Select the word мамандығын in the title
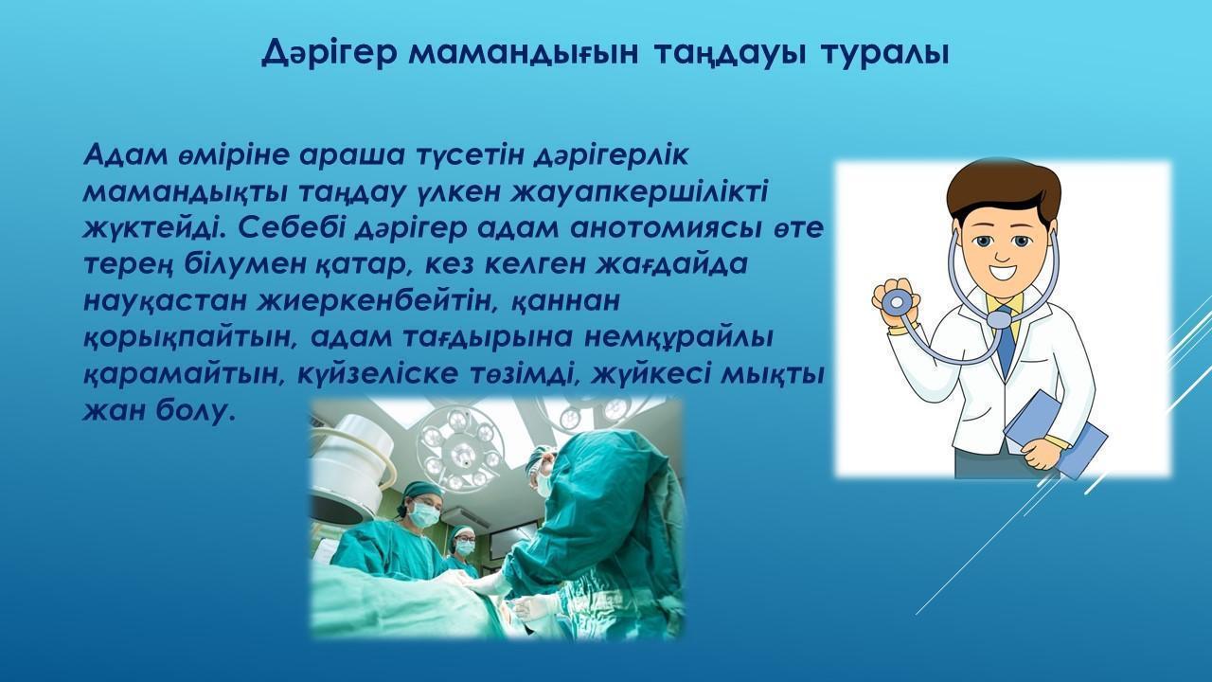pyautogui.click(x=524, y=54)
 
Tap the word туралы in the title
pyautogui.click(x=885, y=54)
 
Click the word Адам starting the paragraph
pyautogui.click(x=126, y=154)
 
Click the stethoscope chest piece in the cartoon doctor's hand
pyautogui.click(x=896, y=301)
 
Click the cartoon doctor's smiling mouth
pyautogui.click(x=1005, y=272)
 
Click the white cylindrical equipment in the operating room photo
pyautogui.click(x=354, y=471)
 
